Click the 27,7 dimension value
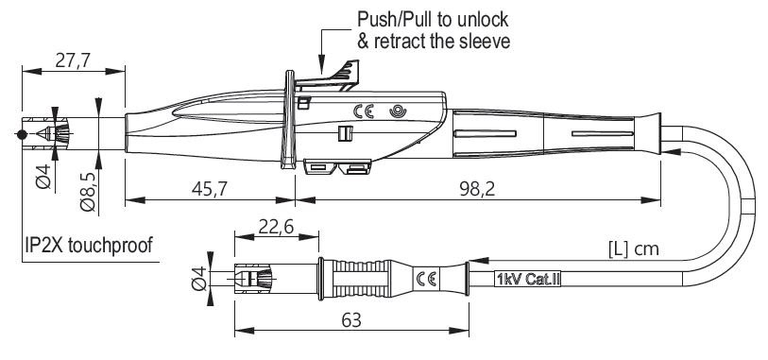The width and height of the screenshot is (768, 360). click(x=73, y=60)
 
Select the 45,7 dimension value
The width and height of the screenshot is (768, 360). click(x=209, y=189)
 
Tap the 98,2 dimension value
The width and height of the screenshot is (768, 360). click(x=477, y=189)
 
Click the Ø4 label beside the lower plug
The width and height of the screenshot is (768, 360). click(x=199, y=279)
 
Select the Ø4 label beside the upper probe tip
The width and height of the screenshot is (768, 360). click(x=44, y=177)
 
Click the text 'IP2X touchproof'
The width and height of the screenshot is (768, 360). click(x=89, y=245)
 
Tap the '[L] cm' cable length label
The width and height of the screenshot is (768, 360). click(x=633, y=249)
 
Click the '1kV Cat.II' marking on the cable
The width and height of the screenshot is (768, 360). click(x=528, y=280)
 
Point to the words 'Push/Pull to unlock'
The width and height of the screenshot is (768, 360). click(x=433, y=20)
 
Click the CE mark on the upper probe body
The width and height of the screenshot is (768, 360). click(x=364, y=111)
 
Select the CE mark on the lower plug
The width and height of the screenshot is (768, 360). click(x=425, y=279)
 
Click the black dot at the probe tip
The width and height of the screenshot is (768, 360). click(x=21, y=134)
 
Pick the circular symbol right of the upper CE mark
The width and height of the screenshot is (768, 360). click(x=397, y=111)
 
